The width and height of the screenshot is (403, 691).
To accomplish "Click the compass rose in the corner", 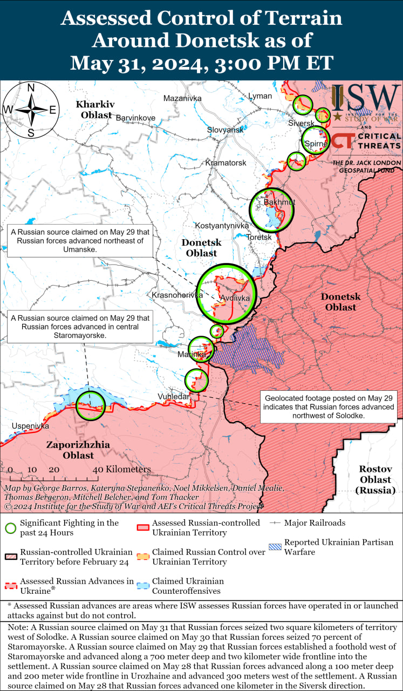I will click(x=31, y=110).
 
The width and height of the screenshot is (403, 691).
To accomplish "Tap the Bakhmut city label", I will click(x=279, y=202).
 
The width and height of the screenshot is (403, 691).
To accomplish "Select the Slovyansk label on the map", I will click(x=225, y=130).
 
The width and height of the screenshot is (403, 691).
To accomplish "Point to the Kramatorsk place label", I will click(x=226, y=162).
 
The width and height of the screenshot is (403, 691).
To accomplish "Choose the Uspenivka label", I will click(x=30, y=426).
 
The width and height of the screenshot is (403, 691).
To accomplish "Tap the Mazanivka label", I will click(x=182, y=98).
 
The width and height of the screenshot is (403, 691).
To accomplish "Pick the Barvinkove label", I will click(x=135, y=118).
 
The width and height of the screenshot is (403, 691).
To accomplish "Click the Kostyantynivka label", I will click(x=222, y=225).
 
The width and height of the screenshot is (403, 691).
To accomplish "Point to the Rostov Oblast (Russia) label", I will click(x=375, y=479).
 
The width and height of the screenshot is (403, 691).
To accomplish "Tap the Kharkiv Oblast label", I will click(x=94, y=109).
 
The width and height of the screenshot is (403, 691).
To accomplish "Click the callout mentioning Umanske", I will click(x=79, y=241).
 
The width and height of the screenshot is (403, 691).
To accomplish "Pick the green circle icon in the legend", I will click(x=10, y=528).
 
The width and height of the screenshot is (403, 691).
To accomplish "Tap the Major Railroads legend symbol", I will click(x=276, y=523).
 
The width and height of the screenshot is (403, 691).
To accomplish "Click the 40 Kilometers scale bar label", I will click(x=121, y=469).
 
